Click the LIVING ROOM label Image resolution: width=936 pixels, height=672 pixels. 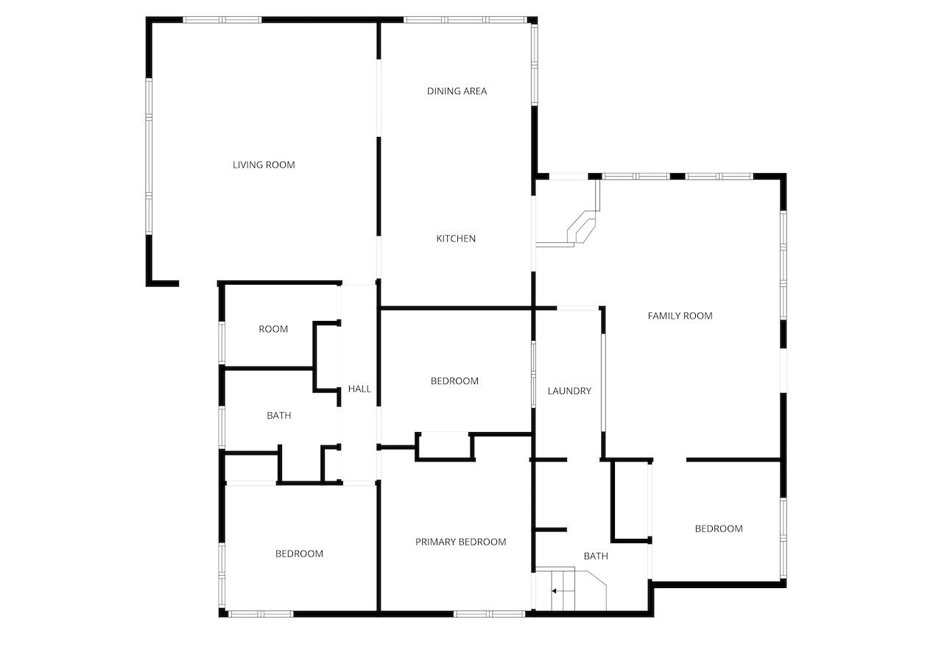pos(264,165)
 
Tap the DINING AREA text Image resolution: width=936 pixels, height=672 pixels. pos(457,91)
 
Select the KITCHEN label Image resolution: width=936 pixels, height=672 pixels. pos(456,238)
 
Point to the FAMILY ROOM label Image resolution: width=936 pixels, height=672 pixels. pos(680,316)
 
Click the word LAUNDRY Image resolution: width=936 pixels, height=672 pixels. pos(569,391)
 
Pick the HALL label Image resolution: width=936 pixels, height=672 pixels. pos(359,389)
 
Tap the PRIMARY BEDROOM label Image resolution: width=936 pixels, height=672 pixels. pos(460,542)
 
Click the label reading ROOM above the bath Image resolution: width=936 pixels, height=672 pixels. pos(273,329)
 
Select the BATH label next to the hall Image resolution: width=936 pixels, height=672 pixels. pos(278,416)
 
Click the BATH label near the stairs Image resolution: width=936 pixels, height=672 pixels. pos(596,556)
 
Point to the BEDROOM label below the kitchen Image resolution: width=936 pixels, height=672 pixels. pos(454,381)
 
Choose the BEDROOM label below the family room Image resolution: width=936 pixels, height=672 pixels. pos(719,528)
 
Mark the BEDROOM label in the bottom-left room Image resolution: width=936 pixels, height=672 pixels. pos(299,553)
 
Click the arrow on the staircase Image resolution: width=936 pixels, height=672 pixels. pos(557,591)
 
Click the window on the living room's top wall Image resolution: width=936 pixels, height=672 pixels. pos(222,20)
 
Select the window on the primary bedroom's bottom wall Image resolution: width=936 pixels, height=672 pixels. pos(489,614)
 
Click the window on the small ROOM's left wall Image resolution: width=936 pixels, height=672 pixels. pos(222,343)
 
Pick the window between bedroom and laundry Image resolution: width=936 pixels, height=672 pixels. pos(533,374)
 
